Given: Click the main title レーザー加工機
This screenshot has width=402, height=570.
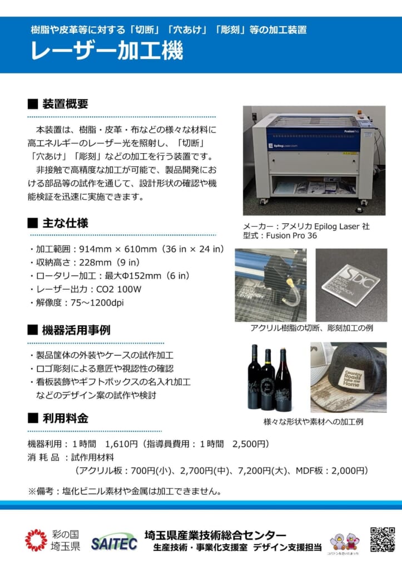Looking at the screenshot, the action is [107, 51].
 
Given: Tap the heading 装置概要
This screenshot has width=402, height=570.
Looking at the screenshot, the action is [66, 104].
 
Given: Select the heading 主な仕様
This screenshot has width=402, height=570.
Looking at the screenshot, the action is [66, 223].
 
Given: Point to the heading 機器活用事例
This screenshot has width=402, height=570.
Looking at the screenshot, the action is [76, 330].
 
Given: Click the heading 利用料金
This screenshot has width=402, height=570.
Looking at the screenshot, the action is [66, 419].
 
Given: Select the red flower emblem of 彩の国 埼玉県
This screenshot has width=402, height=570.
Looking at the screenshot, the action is [36, 540].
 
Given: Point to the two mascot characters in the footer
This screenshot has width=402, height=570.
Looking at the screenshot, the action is [344, 542].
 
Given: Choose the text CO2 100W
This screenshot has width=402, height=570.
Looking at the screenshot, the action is [119, 289].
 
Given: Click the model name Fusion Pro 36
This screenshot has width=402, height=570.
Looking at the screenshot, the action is [291, 235].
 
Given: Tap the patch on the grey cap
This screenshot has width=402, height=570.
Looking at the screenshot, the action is [353, 379].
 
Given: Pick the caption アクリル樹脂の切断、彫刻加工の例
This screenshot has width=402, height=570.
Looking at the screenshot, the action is [311, 328].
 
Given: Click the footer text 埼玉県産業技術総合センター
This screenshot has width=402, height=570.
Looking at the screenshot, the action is [215, 535].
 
